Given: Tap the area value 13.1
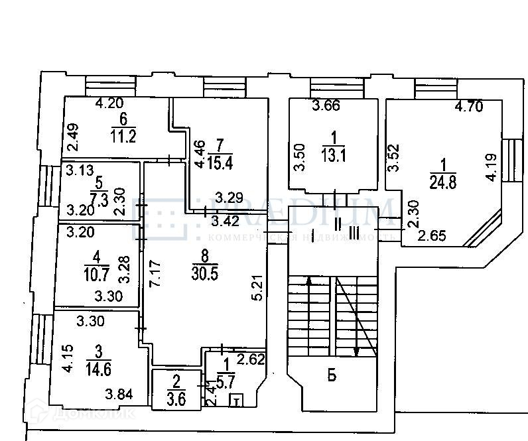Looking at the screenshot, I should point(334,155).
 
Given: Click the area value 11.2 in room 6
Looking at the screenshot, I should point(123,137).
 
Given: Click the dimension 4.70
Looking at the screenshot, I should point(468,106).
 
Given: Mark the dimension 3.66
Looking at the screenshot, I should point(326,104).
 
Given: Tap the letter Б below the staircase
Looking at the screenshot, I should point(332,376).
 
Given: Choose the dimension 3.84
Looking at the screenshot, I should point(119,396).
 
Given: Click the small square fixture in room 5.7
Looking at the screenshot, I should point(235,400).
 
